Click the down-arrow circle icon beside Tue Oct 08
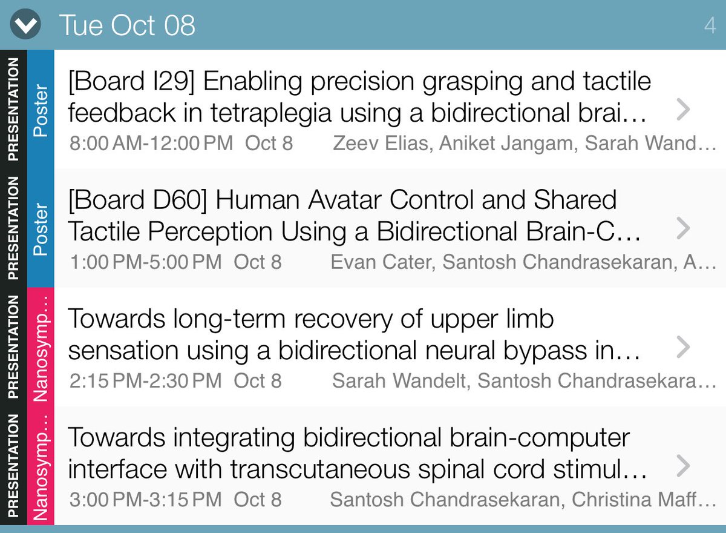click(x=26, y=25)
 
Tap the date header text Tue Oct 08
click(x=127, y=25)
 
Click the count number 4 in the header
click(x=710, y=25)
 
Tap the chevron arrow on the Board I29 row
click(x=683, y=109)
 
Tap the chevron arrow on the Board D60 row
click(x=683, y=228)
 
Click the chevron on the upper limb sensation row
click(x=683, y=346)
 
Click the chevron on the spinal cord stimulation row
click(x=683, y=465)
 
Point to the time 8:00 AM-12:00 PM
click(x=151, y=144)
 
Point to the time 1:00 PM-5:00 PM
click(x=146, y=262)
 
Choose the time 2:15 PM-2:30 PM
click(x=146, y=381)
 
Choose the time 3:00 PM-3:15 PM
click(x=146, y=500)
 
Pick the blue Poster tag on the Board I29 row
click(x=41, y=109)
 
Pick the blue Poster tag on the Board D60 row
click(x=41, y=228)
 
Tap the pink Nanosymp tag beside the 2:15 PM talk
click(x=41, y=346)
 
